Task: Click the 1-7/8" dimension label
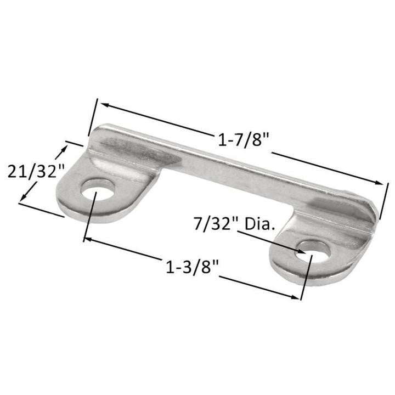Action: click(x=245, y=141)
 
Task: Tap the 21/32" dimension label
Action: click(x=32, y=172)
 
